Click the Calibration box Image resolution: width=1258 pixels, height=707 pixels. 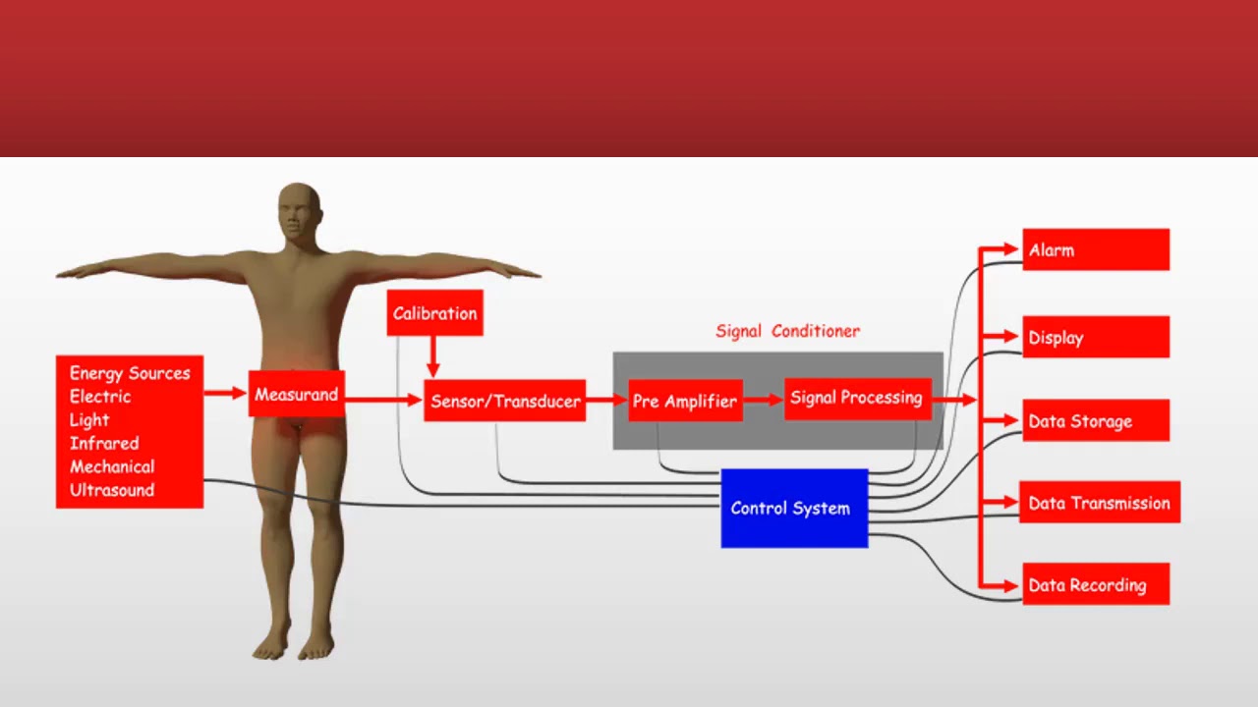click(434, 313)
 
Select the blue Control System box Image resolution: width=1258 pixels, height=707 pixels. click(794, 509)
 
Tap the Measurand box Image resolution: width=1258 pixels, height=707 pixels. click(296, 394)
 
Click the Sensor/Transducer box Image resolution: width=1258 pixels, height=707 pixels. click(505, 401)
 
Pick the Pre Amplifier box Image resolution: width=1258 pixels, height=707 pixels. click(685, 401)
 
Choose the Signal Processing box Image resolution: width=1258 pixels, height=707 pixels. click(857, 398)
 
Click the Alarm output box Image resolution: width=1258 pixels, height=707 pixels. click(1095, 250)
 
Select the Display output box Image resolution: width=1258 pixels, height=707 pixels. click(1095, 337)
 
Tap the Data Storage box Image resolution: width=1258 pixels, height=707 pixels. click(1095, 421)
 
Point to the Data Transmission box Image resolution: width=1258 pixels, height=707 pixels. click(1099, 503)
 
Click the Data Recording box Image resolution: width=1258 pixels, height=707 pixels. click(1095, 584)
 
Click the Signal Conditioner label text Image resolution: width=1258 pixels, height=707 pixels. click(787, 331)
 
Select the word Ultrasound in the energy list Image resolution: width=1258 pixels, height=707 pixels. click(112, 490)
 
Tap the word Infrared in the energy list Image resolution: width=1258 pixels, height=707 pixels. click(104, 443)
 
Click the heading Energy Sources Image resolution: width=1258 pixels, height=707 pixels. click(130, 373)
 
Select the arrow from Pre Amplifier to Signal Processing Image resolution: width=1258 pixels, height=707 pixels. click(764, 400)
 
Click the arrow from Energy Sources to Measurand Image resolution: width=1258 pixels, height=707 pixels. click(226, 393)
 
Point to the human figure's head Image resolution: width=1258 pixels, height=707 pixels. click(299, 210)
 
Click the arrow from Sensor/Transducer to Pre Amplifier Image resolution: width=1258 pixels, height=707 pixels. click(607, 400)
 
